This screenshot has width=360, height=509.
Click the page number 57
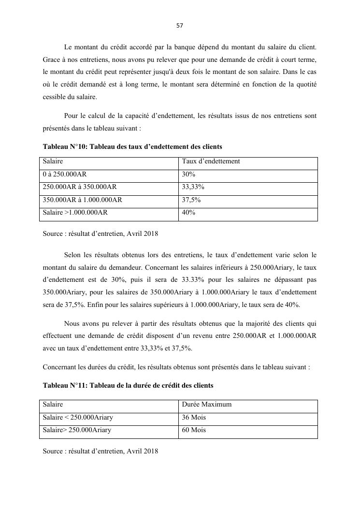tap(180, 26)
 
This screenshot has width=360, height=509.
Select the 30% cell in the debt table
tap(188, 174)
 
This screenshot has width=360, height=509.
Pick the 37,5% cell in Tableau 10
tap(191, 200)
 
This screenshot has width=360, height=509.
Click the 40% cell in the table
tap(188, 212)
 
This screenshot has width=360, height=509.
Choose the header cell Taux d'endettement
tap(211, 161)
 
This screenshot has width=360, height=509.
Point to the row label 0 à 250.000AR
tap(65, 174)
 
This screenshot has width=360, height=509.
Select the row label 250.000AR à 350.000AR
tap(80, 187)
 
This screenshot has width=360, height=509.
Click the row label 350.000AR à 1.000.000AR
tap(82, 200)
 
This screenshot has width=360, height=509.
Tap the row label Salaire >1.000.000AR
tap(75, 212)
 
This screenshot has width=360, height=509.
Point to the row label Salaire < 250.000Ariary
tap(78, 417)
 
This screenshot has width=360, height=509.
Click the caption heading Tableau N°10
tap(132, 146)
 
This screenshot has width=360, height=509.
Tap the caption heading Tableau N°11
tap(128, 386)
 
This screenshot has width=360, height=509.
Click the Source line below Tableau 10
tap(100, 234)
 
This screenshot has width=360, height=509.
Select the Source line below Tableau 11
tap(100, 451)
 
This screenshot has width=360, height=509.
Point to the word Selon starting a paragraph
tap(73, 255)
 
